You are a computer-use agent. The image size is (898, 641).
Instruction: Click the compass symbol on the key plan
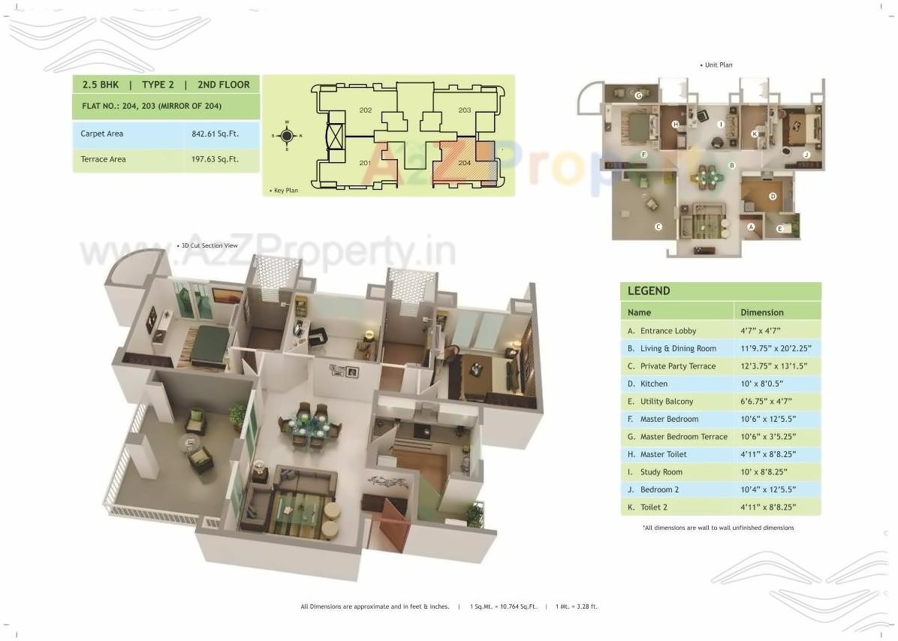point(286,136)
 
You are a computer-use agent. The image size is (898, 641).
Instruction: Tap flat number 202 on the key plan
point(366,110)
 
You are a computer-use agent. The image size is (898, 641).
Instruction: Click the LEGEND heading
point(649,291)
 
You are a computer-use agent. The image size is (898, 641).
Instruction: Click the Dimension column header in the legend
point(761,312)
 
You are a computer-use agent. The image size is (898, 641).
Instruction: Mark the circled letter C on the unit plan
point(658,226)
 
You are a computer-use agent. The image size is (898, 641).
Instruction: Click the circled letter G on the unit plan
point(638,95)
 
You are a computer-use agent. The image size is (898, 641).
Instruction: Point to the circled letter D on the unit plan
point(772,196)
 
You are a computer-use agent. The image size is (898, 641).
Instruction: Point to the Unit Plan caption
point(718,65)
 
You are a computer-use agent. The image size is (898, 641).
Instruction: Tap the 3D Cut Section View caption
point(209,245)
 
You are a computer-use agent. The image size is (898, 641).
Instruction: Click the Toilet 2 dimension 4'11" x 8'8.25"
point(768,507)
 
